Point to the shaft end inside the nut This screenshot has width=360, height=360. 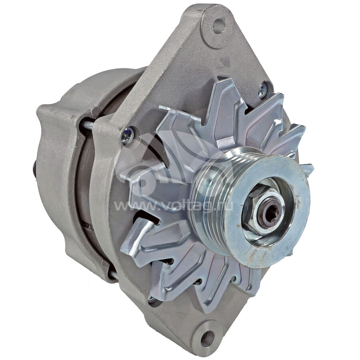coord(271,213)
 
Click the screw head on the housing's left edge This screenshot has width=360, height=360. coord(127,136)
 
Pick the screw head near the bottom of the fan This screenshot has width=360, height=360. coord(152,298)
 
